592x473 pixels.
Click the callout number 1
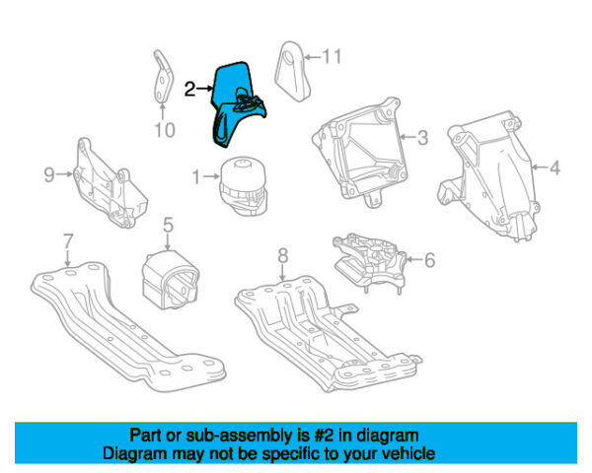click(196, 177)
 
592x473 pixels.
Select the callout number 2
click(189, 89)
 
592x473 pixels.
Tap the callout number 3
click(421, 139)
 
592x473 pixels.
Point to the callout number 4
click(555, 169)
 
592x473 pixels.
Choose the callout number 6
click(429, 260)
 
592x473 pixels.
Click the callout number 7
click(67, 239)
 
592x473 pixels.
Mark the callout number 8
click(282, 255)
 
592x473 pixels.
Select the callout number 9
click(48, 175)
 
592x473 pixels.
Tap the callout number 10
click(165, 128)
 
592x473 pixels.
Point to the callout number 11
click(332, 56)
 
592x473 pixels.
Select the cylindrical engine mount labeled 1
click(242, 184)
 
